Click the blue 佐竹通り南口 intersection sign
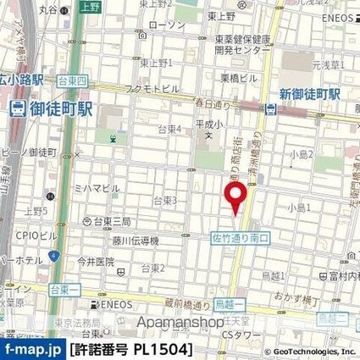click(x=238, y=240)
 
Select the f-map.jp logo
click(x=31, y=349)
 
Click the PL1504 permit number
click(x=166, y=349)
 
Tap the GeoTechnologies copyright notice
click(x=302, y=350)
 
